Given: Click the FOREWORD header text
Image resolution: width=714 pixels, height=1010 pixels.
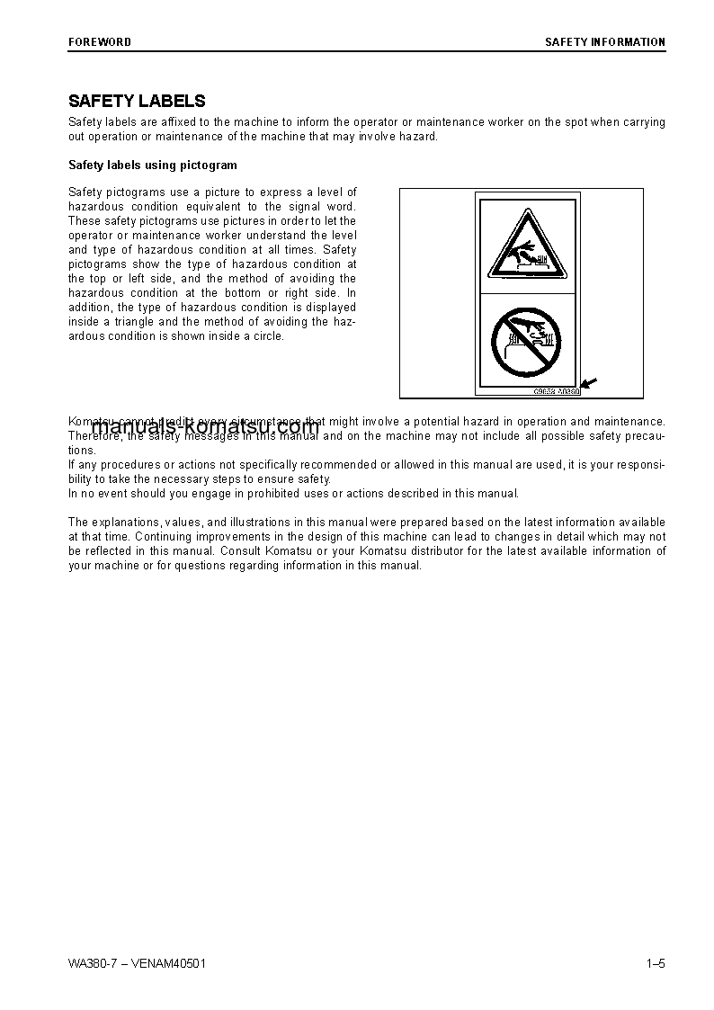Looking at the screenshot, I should (100, 42).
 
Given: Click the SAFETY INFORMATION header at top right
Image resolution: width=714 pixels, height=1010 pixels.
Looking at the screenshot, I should (605, 42).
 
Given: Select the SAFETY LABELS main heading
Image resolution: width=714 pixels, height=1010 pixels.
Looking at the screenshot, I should (137, 102).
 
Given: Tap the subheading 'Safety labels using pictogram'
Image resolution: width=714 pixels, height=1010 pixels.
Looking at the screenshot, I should (153, 165).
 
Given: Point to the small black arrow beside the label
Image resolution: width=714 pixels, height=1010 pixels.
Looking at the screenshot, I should (591, 386).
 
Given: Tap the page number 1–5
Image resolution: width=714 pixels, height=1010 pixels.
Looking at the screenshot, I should (655, 964).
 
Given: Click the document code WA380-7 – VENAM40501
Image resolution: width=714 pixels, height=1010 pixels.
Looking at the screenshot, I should (138, 964).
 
